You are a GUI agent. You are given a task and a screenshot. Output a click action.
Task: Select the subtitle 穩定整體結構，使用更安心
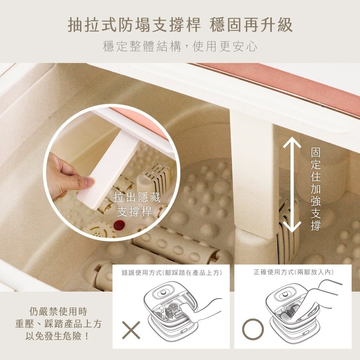pos(180,46)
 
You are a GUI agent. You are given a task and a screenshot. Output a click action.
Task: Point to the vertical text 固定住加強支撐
pos(315,189)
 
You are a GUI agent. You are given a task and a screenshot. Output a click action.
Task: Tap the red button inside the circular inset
pos(118,226)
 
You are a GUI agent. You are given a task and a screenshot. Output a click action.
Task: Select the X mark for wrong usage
pos(131,329)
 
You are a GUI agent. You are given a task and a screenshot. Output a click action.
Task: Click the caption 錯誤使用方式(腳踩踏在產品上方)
pos(171,273)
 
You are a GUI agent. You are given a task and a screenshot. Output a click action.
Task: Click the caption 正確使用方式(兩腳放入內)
pos(293,273)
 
